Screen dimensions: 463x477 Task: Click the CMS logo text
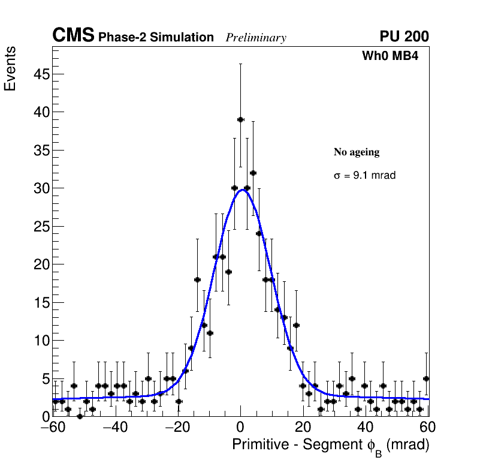click(73, 37)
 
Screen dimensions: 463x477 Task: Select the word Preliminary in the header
click(256, 38)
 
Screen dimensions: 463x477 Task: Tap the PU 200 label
click(404, 37)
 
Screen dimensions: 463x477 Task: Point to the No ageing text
click(357, 152)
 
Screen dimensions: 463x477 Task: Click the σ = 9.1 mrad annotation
click(364, 176)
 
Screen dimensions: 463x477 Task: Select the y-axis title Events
click(10, 69)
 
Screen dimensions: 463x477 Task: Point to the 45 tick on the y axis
click(40, 74)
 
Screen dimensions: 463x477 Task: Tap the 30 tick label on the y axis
click(40, 188)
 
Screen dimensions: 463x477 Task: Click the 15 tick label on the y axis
click(40, 302)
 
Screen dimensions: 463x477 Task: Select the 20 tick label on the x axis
click(303, 428)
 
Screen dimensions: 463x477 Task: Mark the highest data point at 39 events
click(240, 119)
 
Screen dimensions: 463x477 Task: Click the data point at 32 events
click(253, 173)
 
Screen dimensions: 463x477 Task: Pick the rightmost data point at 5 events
click(426, 378)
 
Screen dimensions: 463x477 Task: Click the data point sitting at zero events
click(80, 416)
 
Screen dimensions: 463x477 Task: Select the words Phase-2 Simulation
click(156, 38)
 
